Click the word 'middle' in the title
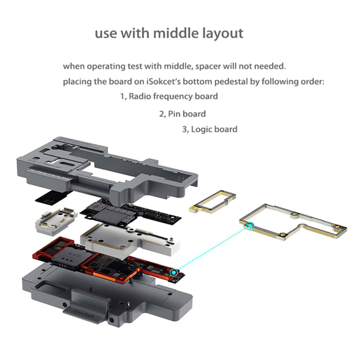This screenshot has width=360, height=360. coord(171,33)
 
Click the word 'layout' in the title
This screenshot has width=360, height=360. coord(220,33)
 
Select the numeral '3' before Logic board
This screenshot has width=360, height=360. coord(184,129)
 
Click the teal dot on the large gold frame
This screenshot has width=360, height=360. coord(248,225)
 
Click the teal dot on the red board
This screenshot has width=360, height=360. coord(173,273)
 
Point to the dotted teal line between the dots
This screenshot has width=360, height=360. coord(212,249)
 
